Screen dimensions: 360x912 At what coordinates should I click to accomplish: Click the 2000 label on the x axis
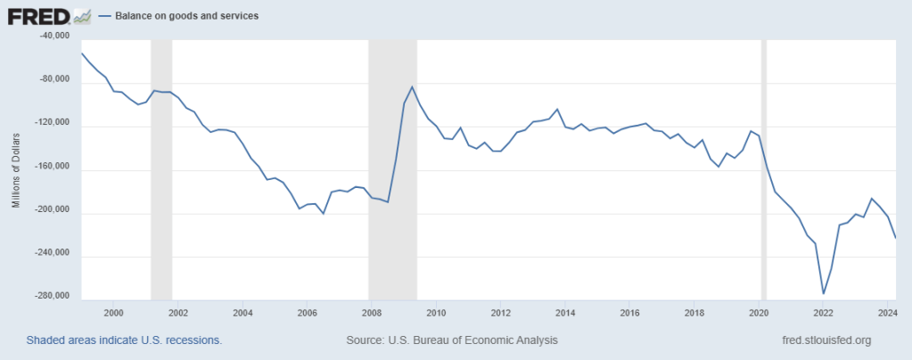(113, 313)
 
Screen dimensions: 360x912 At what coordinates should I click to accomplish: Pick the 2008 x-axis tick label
(371, 313)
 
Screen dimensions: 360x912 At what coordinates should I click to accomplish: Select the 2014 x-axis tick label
(564, 313)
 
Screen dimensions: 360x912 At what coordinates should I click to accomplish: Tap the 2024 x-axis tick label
(887, 313)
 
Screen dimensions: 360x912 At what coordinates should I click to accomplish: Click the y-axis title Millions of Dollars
(16, 169)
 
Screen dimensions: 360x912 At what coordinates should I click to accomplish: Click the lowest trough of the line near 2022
(823, 293)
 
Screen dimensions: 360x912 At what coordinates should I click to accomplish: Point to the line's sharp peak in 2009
(413, 86)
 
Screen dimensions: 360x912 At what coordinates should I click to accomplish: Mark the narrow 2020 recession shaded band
(763, 169)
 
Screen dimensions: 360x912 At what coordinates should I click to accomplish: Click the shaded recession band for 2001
(161, 169)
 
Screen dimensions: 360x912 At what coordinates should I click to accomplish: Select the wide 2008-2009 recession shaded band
(393, 169)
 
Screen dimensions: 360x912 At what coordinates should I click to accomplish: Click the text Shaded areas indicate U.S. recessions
(124, 340)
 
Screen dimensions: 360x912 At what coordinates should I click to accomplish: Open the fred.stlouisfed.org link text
(825, 340)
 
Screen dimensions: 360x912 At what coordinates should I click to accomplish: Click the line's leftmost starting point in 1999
(81, 53)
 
